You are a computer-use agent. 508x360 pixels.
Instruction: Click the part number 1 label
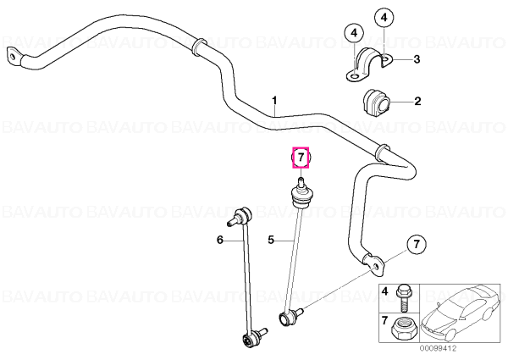274,101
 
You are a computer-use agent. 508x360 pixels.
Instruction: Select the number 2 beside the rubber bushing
417,101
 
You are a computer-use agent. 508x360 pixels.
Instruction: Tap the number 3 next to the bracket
417,59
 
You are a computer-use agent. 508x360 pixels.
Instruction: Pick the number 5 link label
271,240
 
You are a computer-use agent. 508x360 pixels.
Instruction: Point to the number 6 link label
220,240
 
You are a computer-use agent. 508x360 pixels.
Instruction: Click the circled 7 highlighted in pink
301,158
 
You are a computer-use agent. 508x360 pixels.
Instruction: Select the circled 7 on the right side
416,244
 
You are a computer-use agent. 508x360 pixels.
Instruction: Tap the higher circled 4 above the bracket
384,18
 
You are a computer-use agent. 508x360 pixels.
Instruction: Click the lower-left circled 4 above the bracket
354,33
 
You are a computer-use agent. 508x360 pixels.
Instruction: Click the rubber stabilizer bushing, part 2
377,101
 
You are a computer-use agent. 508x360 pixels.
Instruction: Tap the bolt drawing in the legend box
403,299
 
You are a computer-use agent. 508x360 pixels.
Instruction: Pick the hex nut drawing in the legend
403,329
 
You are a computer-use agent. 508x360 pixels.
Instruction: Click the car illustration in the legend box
461,313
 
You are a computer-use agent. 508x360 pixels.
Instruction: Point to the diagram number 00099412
439,349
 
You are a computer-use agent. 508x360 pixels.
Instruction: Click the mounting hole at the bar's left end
13,57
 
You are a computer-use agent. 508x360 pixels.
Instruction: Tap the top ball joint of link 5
301,193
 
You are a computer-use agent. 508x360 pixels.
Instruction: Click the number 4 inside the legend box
384,291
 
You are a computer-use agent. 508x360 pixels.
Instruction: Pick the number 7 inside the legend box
384,321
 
